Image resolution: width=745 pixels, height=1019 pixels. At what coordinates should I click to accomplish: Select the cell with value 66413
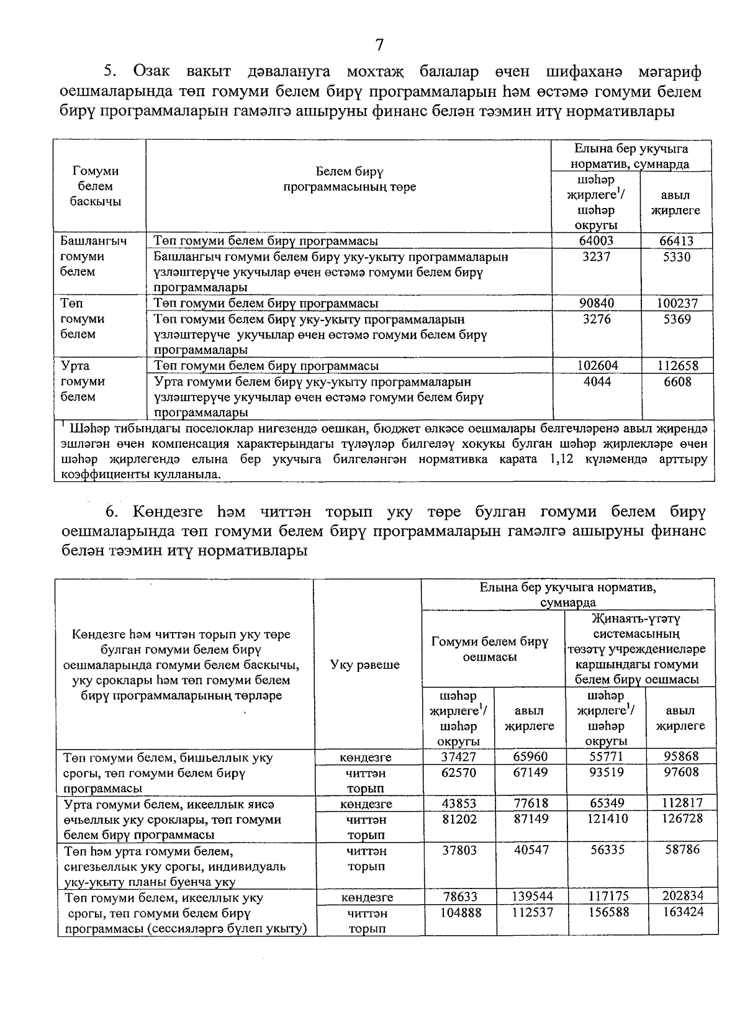pos(676,241)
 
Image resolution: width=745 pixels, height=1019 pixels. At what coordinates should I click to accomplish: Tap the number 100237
pos(677,304)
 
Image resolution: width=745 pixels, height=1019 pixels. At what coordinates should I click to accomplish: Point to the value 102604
pos(597,366)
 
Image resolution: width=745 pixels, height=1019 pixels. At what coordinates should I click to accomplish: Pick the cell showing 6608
pos(677,382)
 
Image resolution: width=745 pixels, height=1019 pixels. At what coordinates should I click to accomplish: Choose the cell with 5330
pos(677,256)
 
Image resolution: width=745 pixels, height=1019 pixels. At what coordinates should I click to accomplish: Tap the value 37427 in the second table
pos(459,757)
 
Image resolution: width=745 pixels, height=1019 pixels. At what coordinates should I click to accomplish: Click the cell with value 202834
pos(681,897)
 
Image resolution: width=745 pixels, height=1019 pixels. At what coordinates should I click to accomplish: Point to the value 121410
pos(605,819)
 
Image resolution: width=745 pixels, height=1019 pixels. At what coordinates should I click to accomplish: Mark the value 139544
pos(532,897)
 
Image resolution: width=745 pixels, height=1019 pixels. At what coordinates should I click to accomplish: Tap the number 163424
pos(681,912)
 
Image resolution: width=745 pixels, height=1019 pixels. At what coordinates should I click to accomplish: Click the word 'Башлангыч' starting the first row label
pos(94,241)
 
